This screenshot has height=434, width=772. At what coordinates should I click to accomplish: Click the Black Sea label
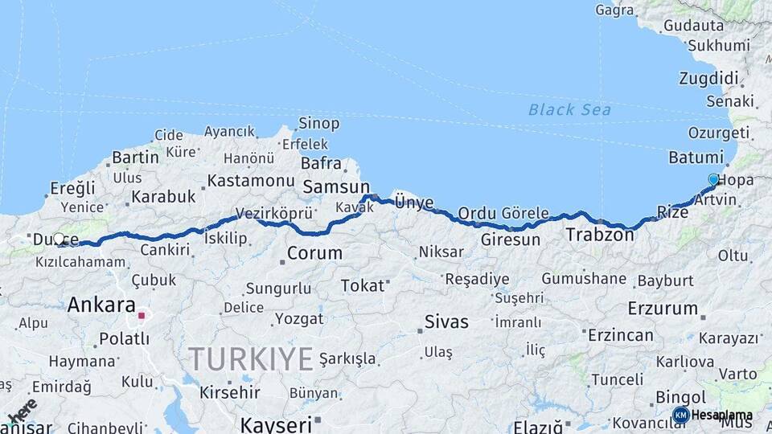tap(569, 109)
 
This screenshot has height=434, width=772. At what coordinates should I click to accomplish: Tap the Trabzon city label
tap(600, 235)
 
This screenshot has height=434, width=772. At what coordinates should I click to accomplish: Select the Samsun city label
tap(336, 186)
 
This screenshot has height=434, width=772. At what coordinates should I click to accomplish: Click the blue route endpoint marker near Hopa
tap(713, 179)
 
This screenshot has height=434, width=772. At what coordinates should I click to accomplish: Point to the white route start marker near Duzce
tap(59, 239)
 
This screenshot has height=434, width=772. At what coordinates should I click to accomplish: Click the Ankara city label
tap(101, 305)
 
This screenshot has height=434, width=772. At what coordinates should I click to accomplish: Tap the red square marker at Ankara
tap(142, 315)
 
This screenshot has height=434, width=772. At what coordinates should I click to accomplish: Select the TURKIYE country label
tap(249, 358)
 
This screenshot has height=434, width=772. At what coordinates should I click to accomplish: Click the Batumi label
tap(696, 157)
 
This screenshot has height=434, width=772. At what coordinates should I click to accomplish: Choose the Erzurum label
tap(663, 308)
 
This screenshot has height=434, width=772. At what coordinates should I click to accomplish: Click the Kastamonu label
tap(251, 181)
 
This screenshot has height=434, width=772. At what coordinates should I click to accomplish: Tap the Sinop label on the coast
tap(318, 124)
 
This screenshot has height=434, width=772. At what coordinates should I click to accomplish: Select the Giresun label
tap(510, 240)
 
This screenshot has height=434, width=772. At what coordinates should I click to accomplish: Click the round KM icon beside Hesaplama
tap(680, 415)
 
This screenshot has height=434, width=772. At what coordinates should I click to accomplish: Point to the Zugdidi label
tap(708, 79)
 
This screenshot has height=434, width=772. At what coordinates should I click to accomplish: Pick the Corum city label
tap(314, 253)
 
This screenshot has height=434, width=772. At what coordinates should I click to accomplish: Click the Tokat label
tap(363, 285)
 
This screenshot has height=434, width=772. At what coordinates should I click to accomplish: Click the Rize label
tap(672, 212)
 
